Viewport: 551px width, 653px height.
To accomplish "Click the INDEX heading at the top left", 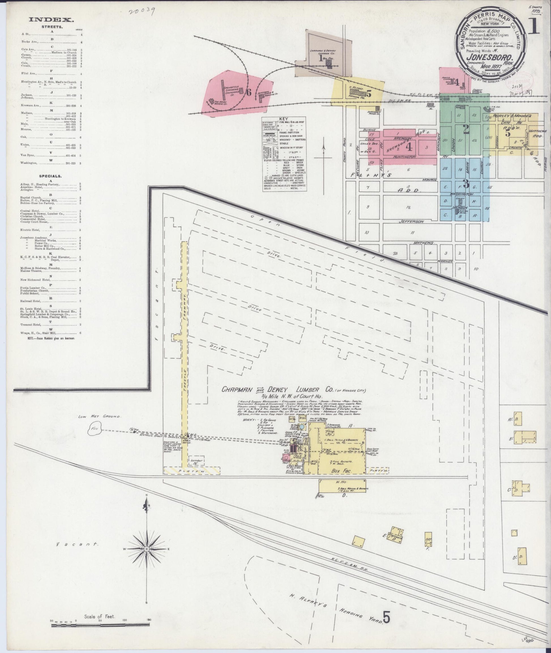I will click(51, 20).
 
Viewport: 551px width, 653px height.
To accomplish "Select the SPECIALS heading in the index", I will click(50, 176).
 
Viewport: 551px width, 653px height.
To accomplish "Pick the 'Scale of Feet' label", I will click(100, 608).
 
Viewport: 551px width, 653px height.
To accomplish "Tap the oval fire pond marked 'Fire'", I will click(95, 429).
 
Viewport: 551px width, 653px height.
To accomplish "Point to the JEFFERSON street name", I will click(411, 221).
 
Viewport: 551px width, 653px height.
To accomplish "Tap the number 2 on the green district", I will click(466, 129).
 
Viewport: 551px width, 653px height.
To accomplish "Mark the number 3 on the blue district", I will click(466, 184).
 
